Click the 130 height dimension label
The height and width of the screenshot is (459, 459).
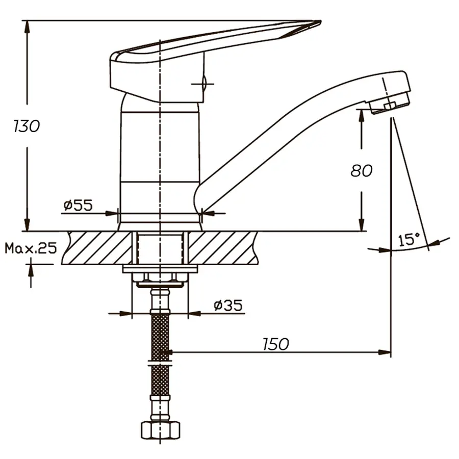(27, 126)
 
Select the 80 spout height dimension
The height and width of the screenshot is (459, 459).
(361, 170)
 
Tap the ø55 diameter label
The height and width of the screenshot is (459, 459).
(78, 206)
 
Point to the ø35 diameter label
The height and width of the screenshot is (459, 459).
(227, 305)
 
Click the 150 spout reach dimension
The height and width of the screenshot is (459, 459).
(276, 344)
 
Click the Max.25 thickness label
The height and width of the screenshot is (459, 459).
(31, 248)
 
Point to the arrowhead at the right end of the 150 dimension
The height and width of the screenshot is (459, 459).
(386, 352)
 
